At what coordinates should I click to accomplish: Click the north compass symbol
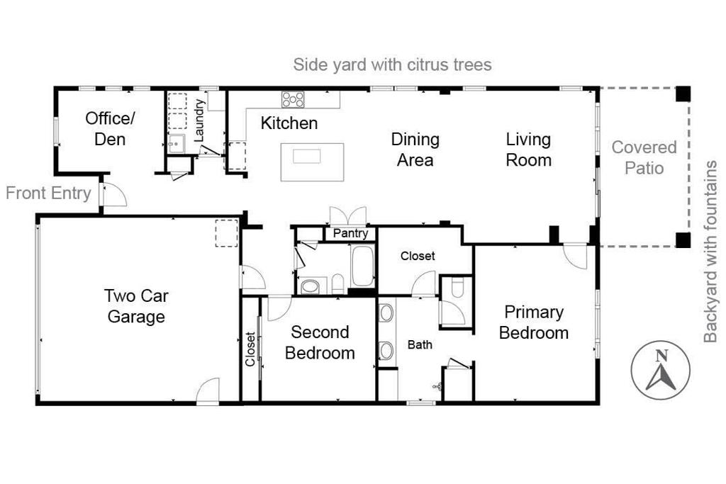coord(660,368)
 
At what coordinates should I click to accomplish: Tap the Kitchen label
coord(289,123)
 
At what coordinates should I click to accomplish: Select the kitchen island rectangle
coord(313,162)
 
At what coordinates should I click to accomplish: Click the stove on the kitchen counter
coord(293,99)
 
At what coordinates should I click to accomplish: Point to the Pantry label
coord(350,233)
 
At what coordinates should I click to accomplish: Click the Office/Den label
coord(110,128)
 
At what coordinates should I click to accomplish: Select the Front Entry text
coord(48,193)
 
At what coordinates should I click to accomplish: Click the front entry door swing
coord(113,195)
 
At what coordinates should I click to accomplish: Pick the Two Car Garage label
coord(136,305)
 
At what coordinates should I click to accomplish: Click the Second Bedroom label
coord(320,342)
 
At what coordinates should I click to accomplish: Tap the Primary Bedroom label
coord(534,322)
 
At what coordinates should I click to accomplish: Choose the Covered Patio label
coord(644,157)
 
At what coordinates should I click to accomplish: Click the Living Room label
coord(528,150)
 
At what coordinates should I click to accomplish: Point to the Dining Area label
coord(415,150)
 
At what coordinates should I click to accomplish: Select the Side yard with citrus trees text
coord(393,65)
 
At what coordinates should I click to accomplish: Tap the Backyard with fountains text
coord(710,252)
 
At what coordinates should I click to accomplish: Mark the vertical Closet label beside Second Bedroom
coord(250,349)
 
